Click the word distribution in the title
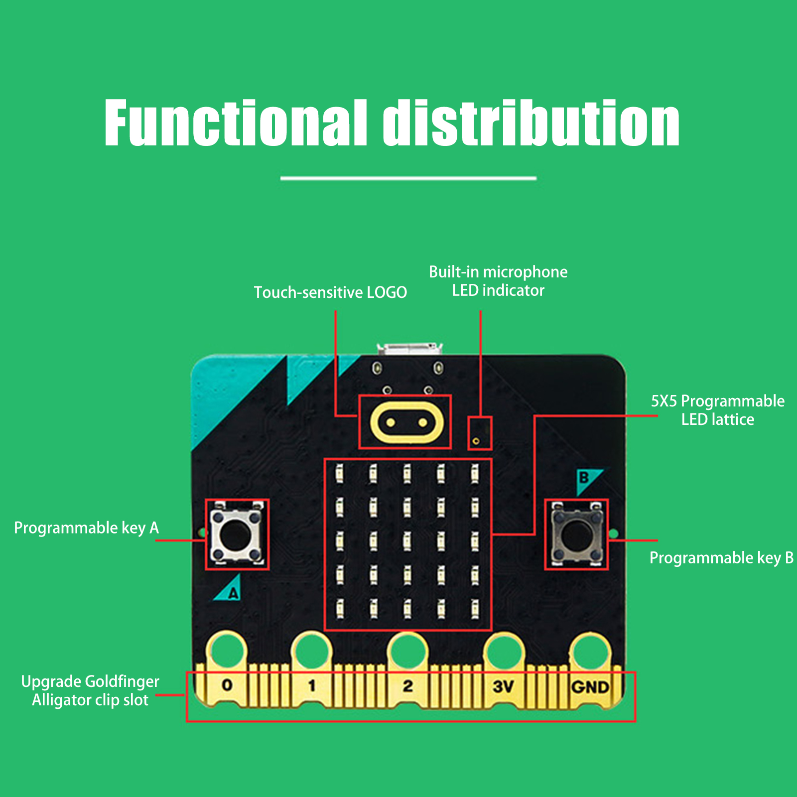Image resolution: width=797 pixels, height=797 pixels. click(531, 123)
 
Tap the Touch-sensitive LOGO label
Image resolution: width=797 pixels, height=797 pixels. click(330, 292)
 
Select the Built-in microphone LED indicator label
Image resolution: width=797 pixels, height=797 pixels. click(498, 281)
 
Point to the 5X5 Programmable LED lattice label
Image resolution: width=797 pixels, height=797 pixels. click(717, 410)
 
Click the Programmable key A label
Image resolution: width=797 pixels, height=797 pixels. click(86, 528)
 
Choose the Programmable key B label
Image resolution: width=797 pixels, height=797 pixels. click(721, 558)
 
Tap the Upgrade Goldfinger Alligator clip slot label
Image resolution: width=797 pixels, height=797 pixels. click(90, 690)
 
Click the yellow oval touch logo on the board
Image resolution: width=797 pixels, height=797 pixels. click(406, 422)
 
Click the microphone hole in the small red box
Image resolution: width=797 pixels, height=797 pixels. click(476, 441)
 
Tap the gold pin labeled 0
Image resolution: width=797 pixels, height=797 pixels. click(227, 685)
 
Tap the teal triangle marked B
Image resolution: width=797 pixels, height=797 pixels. click(586, 479)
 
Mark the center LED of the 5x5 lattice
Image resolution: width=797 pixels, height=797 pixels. click(407, 541)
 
